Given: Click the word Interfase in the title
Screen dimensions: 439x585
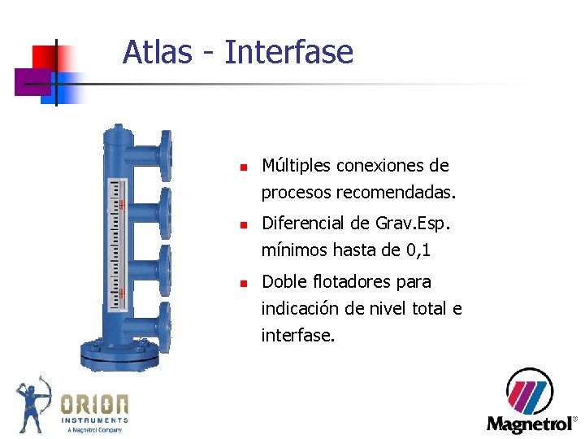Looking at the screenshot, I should coord(288,53).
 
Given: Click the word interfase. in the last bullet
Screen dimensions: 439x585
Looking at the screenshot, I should coord(297,335).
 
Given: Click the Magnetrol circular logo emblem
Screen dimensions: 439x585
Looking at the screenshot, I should coord(530,392).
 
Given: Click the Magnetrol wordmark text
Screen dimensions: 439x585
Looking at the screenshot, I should coord(529,424).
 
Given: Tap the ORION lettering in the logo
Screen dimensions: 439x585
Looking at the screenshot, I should coord(95,404).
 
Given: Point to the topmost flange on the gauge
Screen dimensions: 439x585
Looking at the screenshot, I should coord(166,154).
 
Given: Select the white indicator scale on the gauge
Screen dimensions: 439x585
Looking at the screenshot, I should coord(119,245).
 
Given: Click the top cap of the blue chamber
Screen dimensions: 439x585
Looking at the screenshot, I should coord(119,133).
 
